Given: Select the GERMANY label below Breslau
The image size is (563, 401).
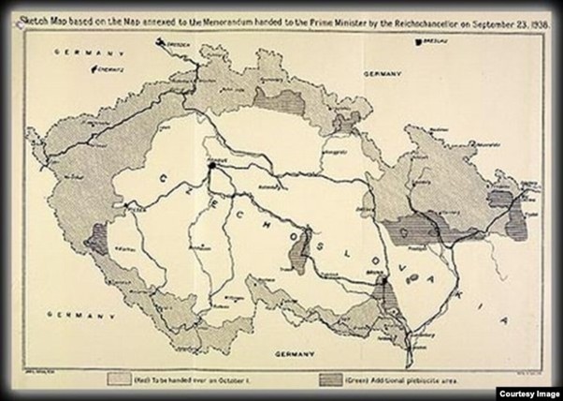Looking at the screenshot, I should pyautogui.click(x=382, y=73).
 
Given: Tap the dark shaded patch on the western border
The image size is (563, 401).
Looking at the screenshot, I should pyautogui.click(x=95, y=241).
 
